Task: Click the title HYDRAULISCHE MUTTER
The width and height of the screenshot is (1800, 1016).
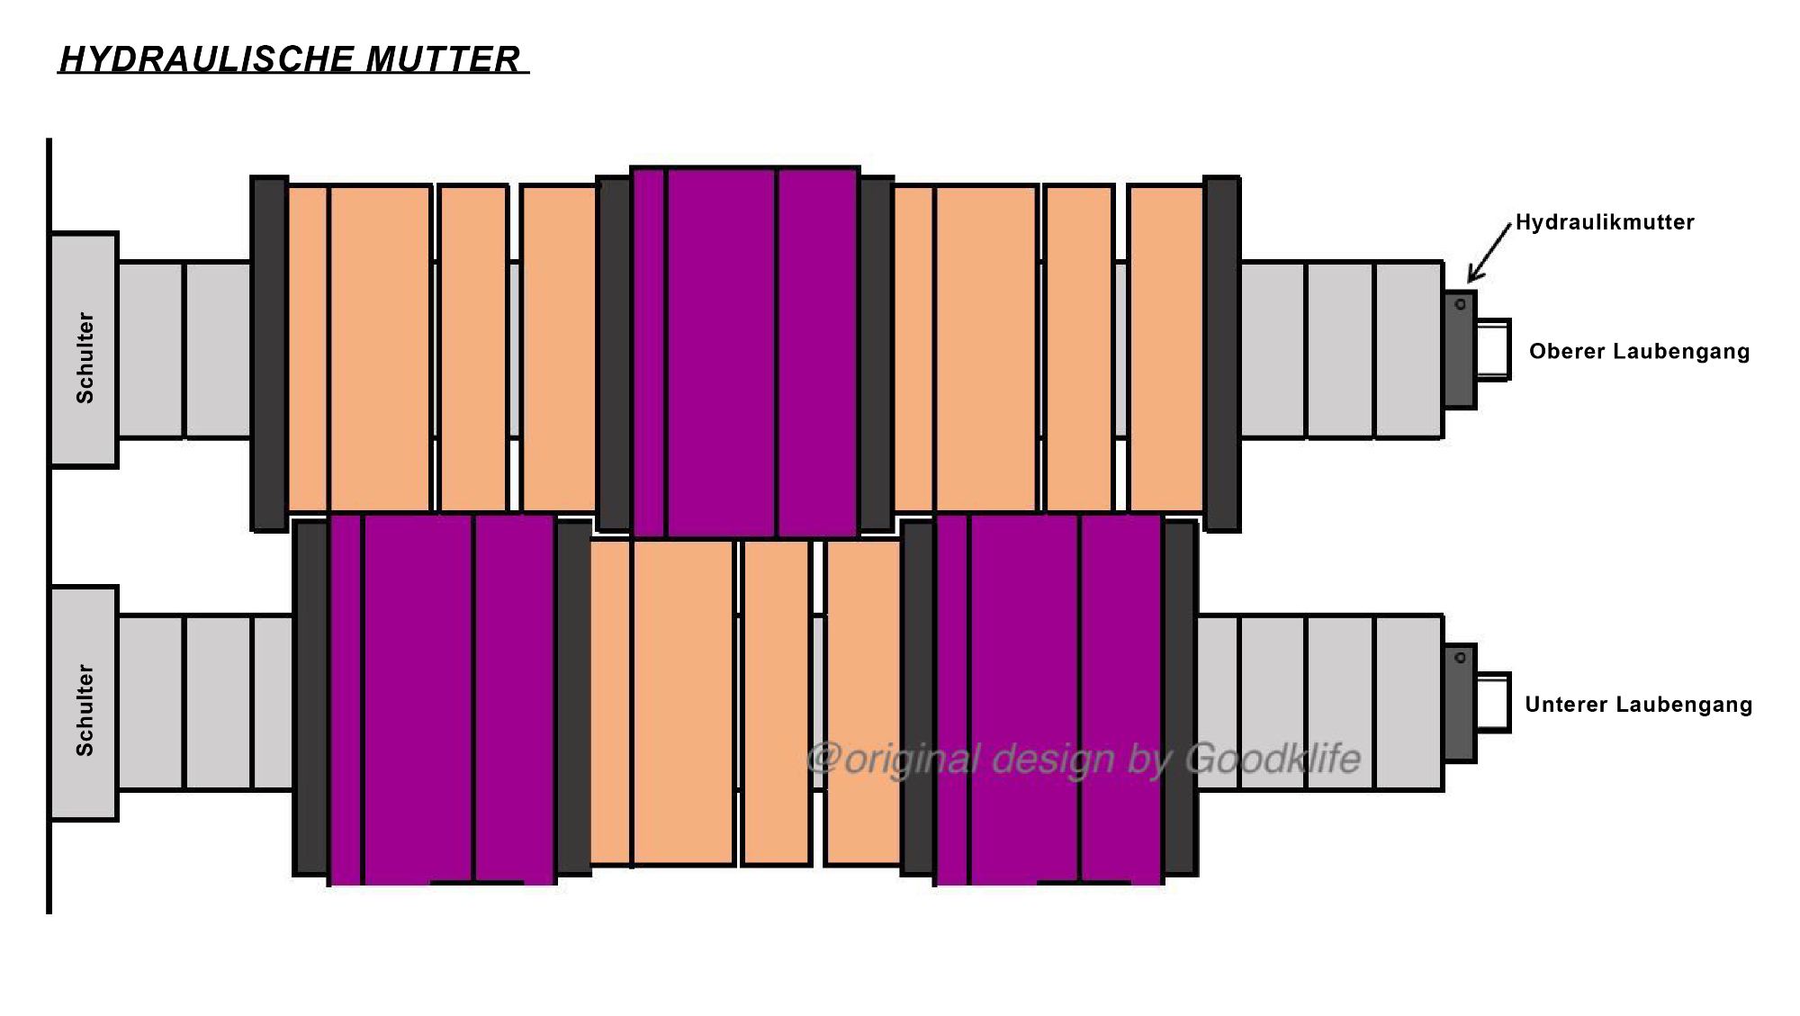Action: (x=290, y=59)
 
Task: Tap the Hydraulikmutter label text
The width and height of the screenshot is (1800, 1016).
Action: (x=1605, y=222)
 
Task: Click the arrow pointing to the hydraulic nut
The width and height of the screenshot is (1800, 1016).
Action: (x=1489, y=252)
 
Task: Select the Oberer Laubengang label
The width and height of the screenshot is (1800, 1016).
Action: (x=1639, y=351)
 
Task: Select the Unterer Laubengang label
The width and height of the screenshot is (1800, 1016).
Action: (x=1638, y=704)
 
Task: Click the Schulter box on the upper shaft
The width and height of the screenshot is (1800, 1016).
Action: (x=84, y=350)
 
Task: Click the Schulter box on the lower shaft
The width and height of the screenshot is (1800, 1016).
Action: (x=84, y=704)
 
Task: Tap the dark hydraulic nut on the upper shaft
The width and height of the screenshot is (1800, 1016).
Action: (x=1460, y=349)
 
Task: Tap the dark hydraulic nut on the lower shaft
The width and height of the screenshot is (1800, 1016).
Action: (x=1460, y=704)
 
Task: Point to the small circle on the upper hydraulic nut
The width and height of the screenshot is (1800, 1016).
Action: (x=1460, y=304)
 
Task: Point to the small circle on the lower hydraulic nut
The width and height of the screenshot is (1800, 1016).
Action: (x=1460, y=658)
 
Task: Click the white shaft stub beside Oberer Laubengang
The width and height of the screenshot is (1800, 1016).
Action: (x=1493, y=349)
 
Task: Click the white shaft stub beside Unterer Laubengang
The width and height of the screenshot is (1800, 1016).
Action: (x=1493, y=703)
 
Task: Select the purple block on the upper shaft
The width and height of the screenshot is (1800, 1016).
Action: (x=745, y=353)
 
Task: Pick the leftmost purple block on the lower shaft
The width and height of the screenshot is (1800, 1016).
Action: (x=442, y=700)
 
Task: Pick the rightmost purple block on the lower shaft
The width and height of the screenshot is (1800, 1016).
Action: (x=1048, y=700)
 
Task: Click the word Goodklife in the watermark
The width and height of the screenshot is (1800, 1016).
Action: (x=1273, y=759)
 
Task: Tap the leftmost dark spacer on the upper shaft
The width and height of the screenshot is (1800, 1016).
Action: (x=269, y=354)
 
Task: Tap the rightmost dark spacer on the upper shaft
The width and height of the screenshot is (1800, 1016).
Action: (x=1222, y=354)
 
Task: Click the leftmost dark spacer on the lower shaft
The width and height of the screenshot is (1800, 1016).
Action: (x=310, y=697)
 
